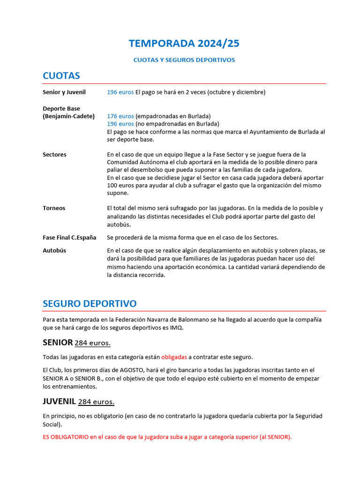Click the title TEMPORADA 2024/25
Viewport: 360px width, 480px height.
click(x=184, y=44)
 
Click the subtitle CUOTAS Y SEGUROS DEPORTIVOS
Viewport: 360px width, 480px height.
click(x=184, y=60)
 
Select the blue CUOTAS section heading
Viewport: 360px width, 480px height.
click(x=61, y=76)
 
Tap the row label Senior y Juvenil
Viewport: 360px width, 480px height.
click(x=64, y=92)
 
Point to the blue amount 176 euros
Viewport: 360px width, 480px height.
click(x=120, y=116)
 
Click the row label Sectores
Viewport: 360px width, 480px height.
click(x=54, y=155)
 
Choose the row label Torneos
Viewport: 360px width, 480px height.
click(x=54, y=208)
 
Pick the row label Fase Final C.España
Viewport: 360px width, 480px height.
click(x=69, y=238)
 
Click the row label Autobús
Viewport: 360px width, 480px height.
click(x=54, y=250)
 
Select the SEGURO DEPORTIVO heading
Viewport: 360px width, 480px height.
click(x=90, y=304)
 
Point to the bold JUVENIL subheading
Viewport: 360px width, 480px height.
click(x=59, y=402)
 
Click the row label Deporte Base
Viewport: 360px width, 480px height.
click(x=61, y=109)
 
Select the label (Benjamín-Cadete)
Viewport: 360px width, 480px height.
click(x=68, y=116)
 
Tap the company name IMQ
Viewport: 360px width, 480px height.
click(x=177, y=328)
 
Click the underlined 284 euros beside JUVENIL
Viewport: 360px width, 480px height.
click(x=96, y=402)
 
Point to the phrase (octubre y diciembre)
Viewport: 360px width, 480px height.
click(x=236, y=92)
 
